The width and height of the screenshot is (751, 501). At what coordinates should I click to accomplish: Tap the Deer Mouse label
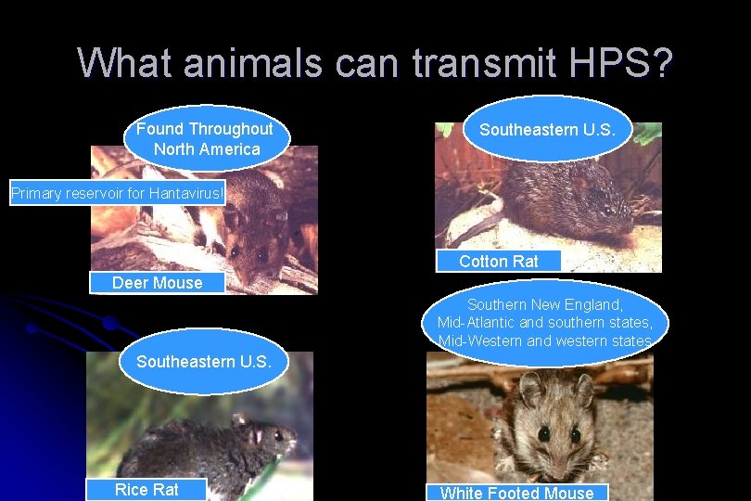[157, 283]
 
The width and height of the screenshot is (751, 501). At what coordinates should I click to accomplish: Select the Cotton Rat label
[498, 262]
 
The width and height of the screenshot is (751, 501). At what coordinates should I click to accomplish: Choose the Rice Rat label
[146, 490]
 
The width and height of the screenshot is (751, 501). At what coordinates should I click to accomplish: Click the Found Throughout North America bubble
[206, 139]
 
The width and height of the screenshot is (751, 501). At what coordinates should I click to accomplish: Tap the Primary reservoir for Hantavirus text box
[117, 193]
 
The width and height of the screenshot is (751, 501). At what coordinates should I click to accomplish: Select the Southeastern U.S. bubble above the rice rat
[204, 362]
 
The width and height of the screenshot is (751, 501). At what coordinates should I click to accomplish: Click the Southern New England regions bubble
[545, 323]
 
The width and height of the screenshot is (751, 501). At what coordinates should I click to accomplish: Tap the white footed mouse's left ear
[529, 389]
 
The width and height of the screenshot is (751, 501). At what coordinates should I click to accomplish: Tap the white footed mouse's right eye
[576, 433]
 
